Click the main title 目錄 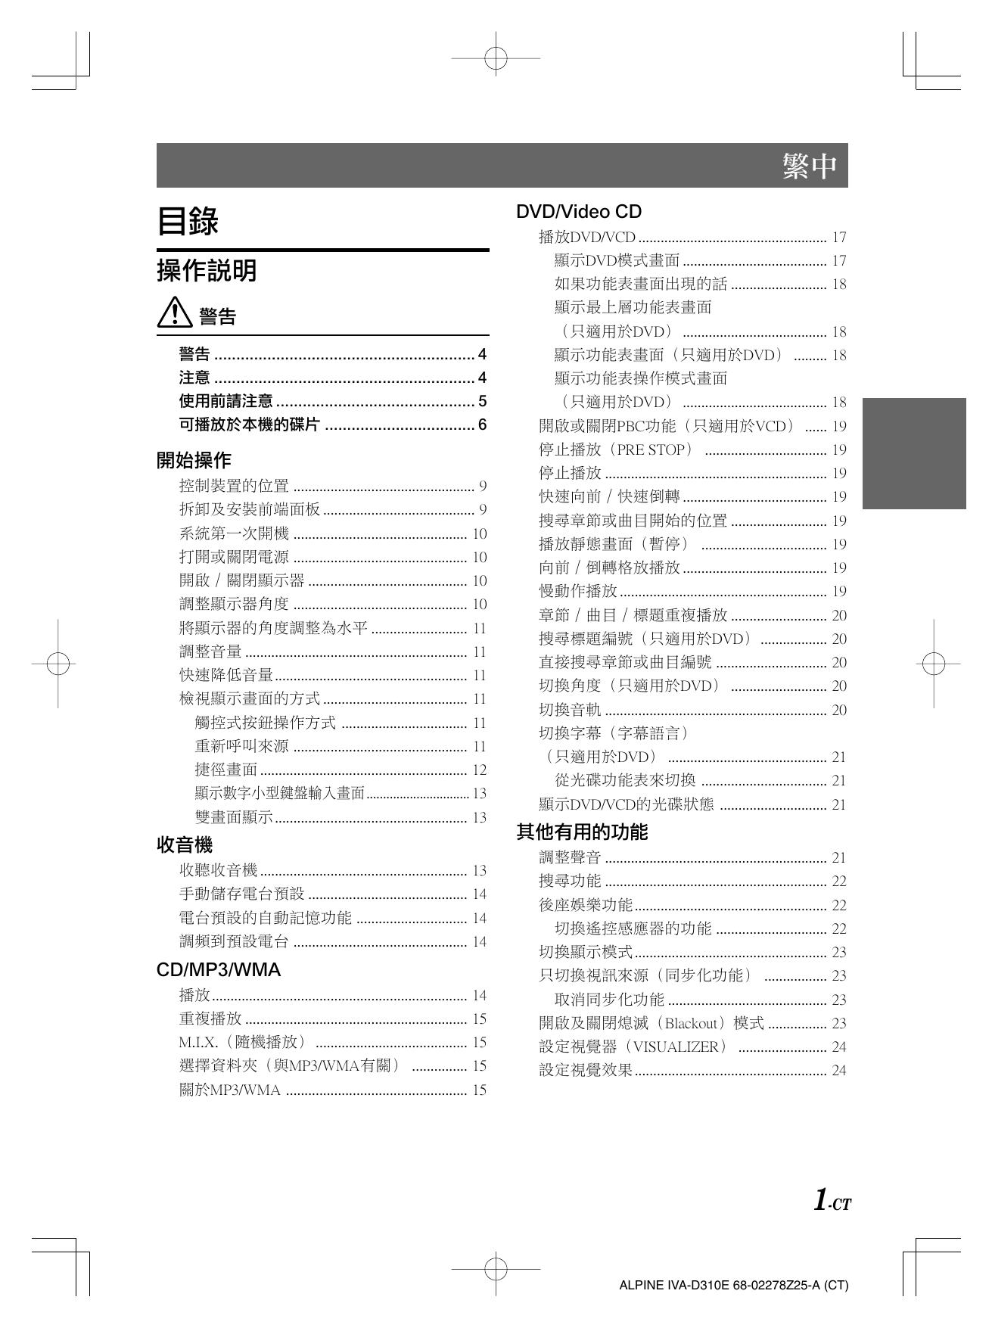(x=188, y=222)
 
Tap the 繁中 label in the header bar (x=810, y=166)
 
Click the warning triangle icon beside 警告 (x=175, y=313)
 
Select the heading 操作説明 (x=207, y=270)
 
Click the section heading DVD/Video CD (x=578, y=212)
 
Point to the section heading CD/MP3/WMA (x=218, y=970)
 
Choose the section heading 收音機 (x=184, y=844)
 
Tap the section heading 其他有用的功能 (x=582, y=832)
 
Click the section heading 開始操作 (x=194, y=460)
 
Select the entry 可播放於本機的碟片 (x=249, y=425)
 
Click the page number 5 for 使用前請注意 (x=482, y=401)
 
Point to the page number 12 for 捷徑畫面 (x=479, y=770)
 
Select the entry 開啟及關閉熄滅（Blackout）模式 (x=651, y=1023)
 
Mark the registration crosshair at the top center (x=496, y=57)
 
